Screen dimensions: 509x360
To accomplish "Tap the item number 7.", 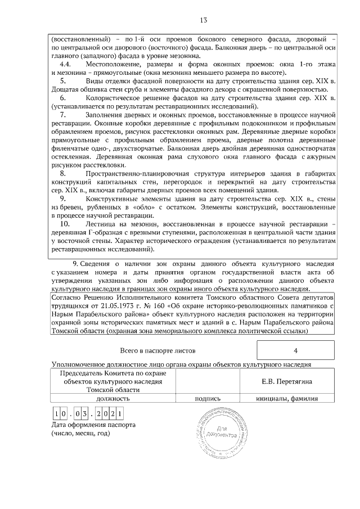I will [x=65, y=114].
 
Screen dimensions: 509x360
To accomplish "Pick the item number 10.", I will [x=65, y=224].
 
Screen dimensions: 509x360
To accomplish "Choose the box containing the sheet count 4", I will [x=295, y=350].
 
